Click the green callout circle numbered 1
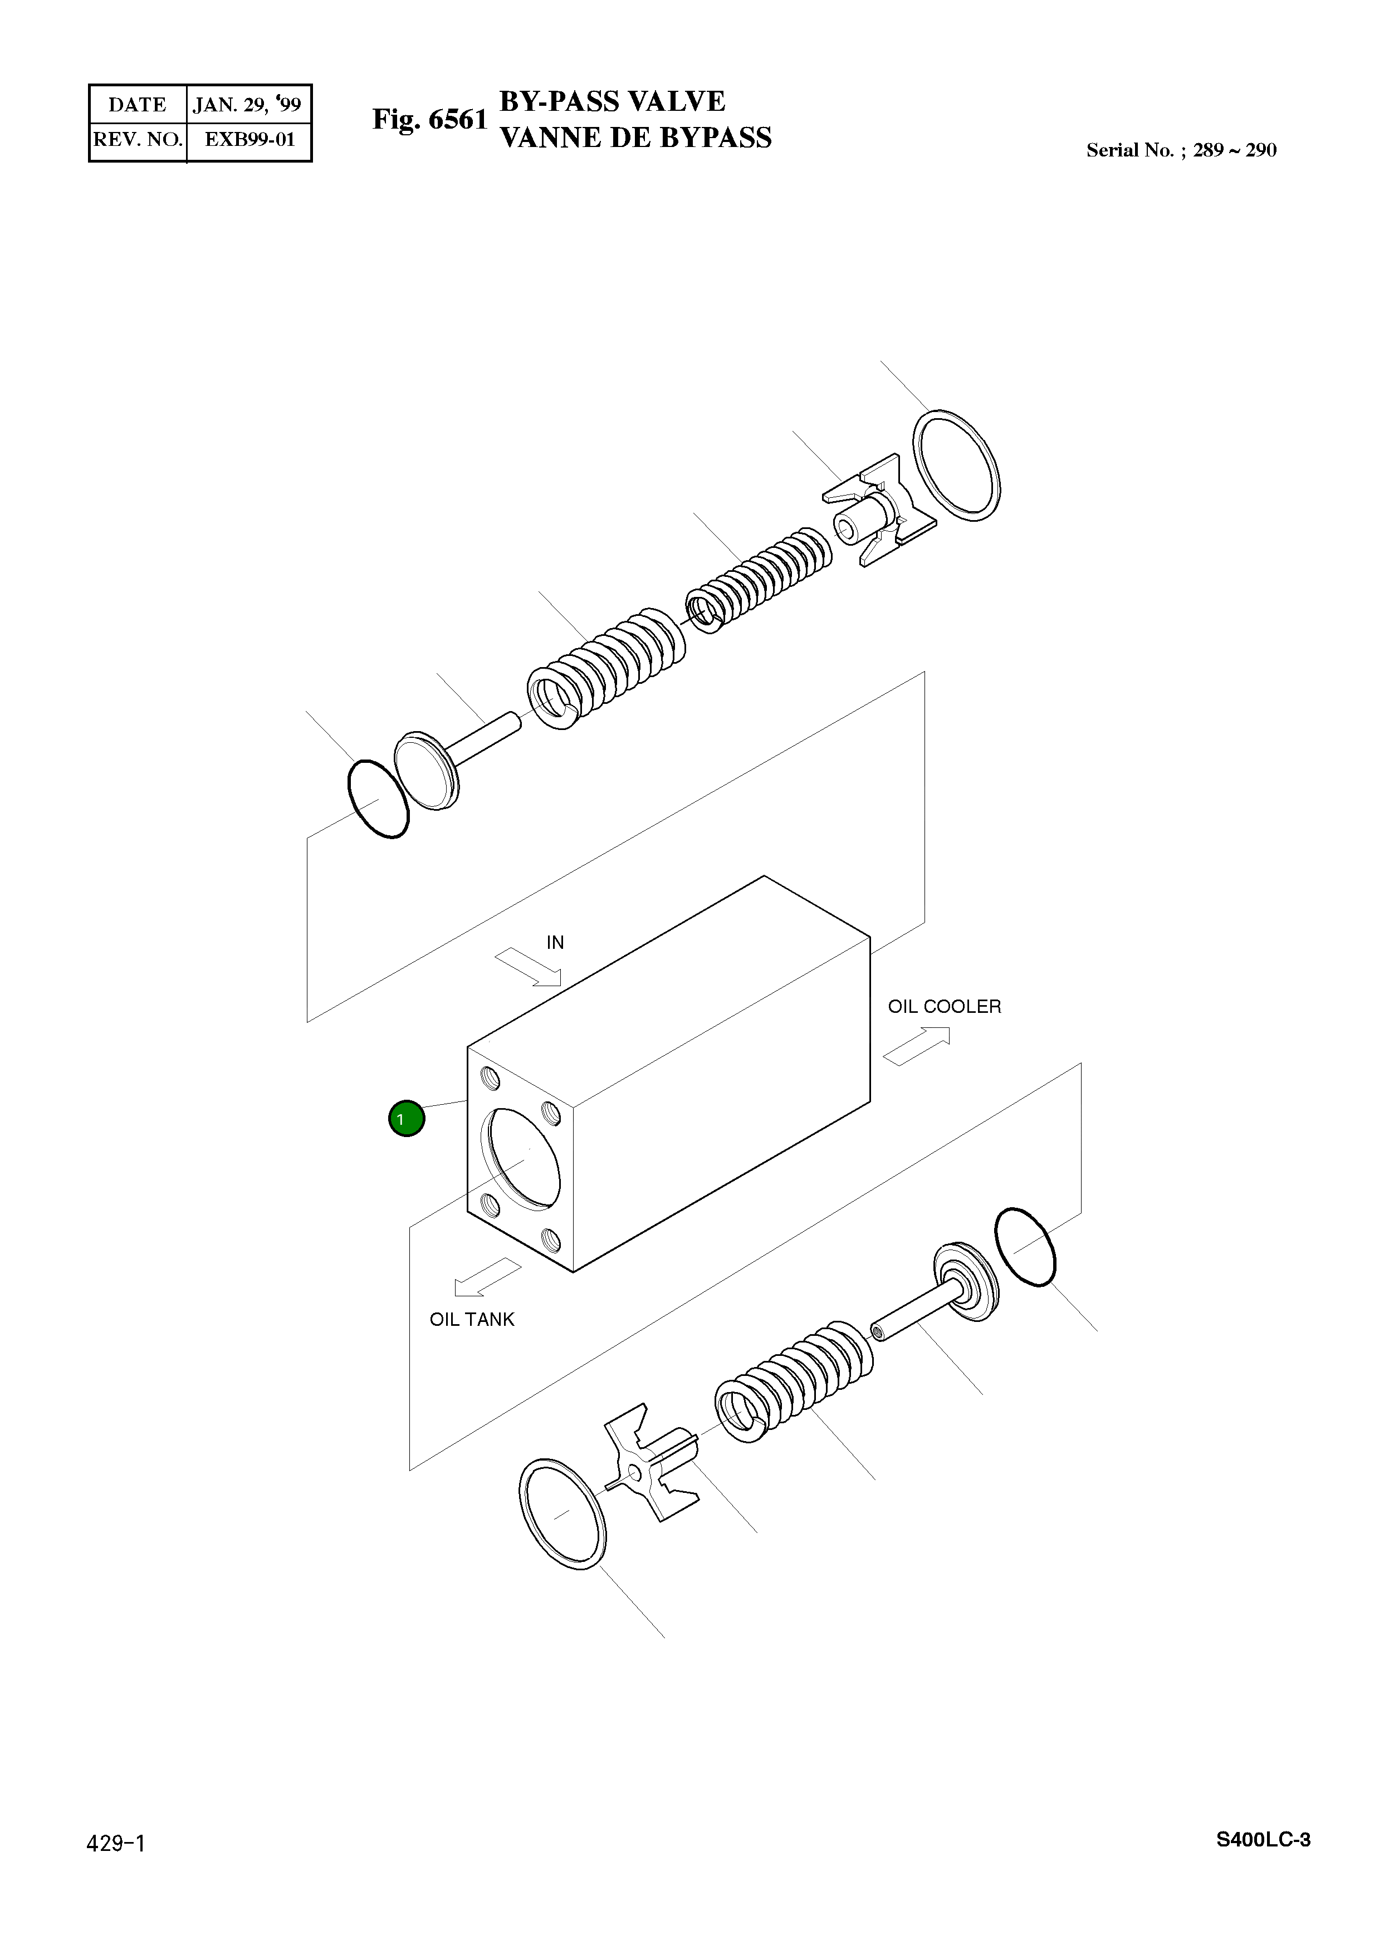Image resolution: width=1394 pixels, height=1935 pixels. coord(406,1119)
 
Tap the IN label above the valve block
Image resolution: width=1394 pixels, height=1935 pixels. coord(555,943)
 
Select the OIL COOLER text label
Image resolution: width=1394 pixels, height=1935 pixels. coord(945,1007)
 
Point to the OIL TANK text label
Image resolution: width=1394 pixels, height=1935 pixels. coord(472,1320)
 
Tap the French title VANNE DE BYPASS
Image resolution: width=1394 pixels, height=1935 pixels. coord(635,138)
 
